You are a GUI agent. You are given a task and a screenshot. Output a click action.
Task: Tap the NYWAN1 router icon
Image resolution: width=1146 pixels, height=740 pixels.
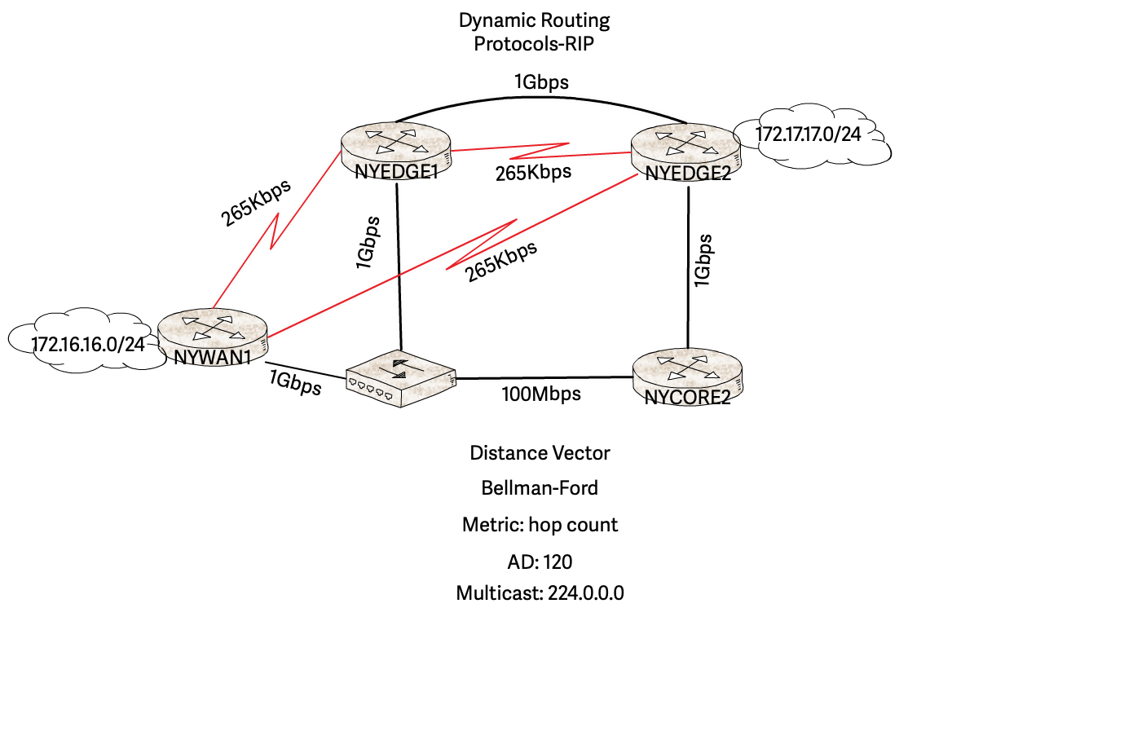(212, 329)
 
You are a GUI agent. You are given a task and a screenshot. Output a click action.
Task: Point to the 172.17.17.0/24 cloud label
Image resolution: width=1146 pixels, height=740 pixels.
(808, 134)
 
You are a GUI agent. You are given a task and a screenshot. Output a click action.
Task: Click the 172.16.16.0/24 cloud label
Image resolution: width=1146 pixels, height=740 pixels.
(88, 345)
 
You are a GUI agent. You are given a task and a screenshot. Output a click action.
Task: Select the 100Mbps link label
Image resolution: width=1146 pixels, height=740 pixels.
(541, 394)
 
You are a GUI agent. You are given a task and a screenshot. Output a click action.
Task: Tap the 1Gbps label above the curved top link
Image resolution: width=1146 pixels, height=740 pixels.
(541, 82)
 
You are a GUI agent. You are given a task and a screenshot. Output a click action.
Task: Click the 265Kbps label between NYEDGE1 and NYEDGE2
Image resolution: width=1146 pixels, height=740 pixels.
(533, 173)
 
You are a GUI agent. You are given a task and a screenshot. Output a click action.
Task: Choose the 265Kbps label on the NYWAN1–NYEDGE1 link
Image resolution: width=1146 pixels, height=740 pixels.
(256, 203)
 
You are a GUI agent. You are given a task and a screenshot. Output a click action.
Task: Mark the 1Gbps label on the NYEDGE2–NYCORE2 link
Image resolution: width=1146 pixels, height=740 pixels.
(703, 261)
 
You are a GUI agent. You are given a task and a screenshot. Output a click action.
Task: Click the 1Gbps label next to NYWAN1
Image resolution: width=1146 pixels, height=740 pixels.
(295, 382)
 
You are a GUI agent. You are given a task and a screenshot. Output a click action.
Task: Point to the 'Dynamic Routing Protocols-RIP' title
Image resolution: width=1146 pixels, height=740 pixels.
(534, 32)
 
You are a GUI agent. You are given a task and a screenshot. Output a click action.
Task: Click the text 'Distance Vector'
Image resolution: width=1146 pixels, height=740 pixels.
(540, 453)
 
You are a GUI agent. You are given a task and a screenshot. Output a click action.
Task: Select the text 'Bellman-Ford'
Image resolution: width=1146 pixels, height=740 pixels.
(540, 488)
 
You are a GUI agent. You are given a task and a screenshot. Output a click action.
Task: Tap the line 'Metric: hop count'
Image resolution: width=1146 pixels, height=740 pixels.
(540, 525)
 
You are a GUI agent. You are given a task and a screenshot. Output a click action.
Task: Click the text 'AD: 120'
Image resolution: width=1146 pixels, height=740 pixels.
(540, 562)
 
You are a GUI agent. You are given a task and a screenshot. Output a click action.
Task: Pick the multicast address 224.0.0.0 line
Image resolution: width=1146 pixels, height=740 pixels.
(540, 593)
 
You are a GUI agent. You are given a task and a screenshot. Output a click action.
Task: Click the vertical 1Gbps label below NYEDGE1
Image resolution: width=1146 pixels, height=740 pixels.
(368, 243)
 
